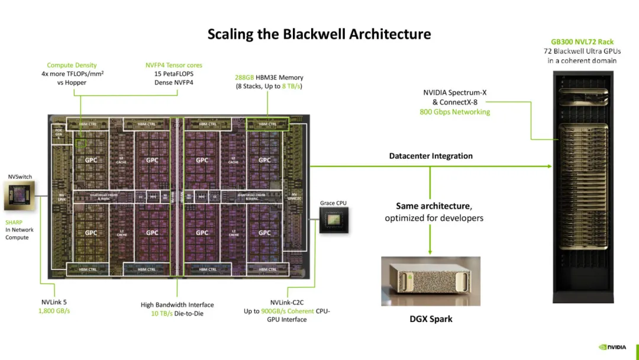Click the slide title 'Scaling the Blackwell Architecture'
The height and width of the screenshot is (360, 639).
[319, 34]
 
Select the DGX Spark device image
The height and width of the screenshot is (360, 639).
[430, 281]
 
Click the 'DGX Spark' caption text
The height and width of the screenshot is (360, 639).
[430, 319]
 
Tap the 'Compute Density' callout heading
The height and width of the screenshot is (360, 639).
[72, 65]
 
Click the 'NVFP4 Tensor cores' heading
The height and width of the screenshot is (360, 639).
[174, 65]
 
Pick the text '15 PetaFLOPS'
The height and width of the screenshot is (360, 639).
[174, 74]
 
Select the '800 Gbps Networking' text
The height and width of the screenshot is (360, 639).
[454, 111]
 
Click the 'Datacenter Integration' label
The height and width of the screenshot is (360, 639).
[431, 156]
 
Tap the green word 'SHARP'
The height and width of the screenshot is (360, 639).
[15, 222]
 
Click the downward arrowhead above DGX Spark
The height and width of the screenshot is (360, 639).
[430, 252]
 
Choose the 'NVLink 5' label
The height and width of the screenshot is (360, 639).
[50, 302]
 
